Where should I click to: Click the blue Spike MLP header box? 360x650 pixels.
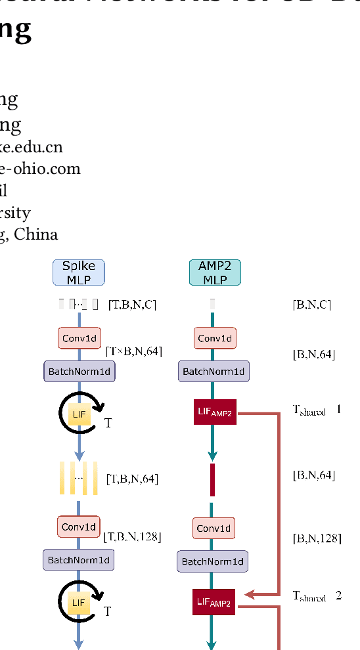pyautogui.click(x=78, y=272)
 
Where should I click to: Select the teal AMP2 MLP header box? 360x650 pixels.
pyautogui.click(x=215, y=272)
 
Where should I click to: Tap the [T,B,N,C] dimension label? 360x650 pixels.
pyautogui.click(x=132, y=304)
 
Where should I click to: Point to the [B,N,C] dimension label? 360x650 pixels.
pyautogui.click(x=311, y=305)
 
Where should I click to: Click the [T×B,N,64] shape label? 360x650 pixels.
pyautogui.click(x=133, y=351)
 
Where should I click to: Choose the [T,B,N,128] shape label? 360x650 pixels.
pyautogui.click(x=132, y=537)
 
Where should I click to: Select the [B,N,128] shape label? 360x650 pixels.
pyautogui.click(x=317, y=538)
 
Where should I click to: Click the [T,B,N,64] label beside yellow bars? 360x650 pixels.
pyautogui.click(x=132, y=479)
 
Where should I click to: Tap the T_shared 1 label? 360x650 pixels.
pyautogui.click(x=317, y=410)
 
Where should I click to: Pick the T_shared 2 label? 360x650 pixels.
pyautogui.click(x=317, y=597)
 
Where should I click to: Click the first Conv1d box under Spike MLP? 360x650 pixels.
pyautogui.click(x=79, y=339)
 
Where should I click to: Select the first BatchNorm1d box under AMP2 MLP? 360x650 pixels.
pyautogui.click(x=214, y=372)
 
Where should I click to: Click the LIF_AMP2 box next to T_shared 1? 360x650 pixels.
pyautogui.click(x=214, y=412)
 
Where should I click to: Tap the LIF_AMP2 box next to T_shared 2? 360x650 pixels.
pyautogui.click(x=214, y=602)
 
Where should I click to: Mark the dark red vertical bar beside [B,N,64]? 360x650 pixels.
pyautogui.click(x=212, y=479)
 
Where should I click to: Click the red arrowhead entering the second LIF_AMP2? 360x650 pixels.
pyautogui.click(x=250, y=595)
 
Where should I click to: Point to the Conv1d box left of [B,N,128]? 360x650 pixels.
pyautogui.click(x=214, y=528)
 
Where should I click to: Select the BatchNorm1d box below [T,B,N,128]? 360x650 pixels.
pyautogui.click(x=78, y=561)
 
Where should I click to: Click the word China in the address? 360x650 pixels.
pyautogui.click(x=36, y=234)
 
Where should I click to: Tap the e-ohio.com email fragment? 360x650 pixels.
pyautogui.click(x=40, y=169)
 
